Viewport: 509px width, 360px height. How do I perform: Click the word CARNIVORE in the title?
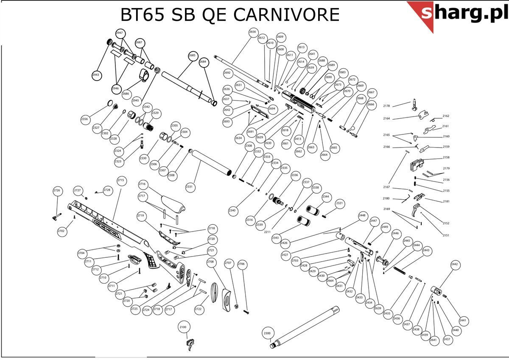(287, 15)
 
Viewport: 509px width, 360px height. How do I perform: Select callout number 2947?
(120, 33)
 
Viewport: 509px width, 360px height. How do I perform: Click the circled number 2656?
(253, 32)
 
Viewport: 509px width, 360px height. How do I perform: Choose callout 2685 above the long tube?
(193, 56)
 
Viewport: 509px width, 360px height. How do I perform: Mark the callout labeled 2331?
(189, 187)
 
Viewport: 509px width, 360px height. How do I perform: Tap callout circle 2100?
(183, 327)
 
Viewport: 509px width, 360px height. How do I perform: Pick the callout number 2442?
(455, 264)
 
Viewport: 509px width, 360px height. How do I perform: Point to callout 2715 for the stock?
(121, 181)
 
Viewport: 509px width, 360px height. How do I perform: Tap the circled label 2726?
(57, 190)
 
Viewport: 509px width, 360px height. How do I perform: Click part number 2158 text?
(446, 157)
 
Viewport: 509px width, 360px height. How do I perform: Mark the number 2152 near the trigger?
(446, 223)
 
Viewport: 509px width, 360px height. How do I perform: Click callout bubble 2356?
(85, 119)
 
